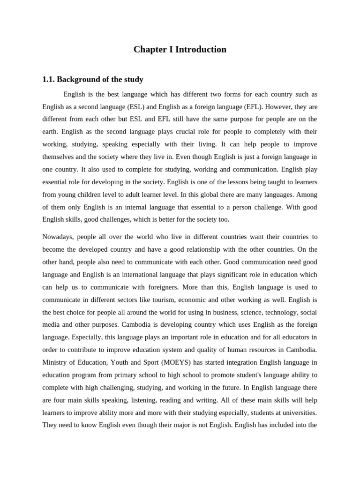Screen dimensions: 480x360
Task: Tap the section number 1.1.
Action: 48,79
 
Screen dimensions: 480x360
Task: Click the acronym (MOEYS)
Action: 175,362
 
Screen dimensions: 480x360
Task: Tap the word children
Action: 94,194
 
